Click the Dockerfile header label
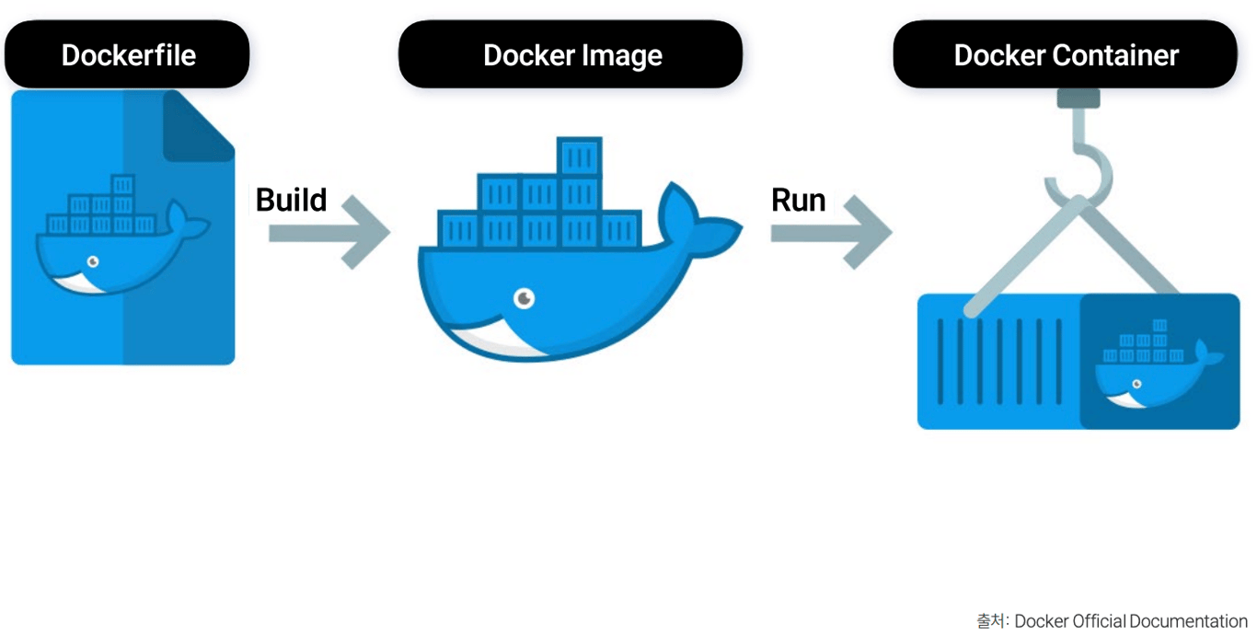click(x=128, y=55)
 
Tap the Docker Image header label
click(x=571, y=55)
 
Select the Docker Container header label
click(x=1066, y=55)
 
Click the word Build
click(x=291, y=200)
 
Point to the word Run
click(x=798, y=200)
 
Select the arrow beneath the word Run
click(x=831, y=234)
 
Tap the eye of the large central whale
click(x=524, y=297)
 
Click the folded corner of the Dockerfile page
click(x=196, y=124)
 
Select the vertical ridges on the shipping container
click(x=999, y=361)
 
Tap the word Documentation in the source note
click(x=1188, y=621)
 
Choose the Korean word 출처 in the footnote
click(x=991, y=621)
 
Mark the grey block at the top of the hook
click(x=1078, y=98)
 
